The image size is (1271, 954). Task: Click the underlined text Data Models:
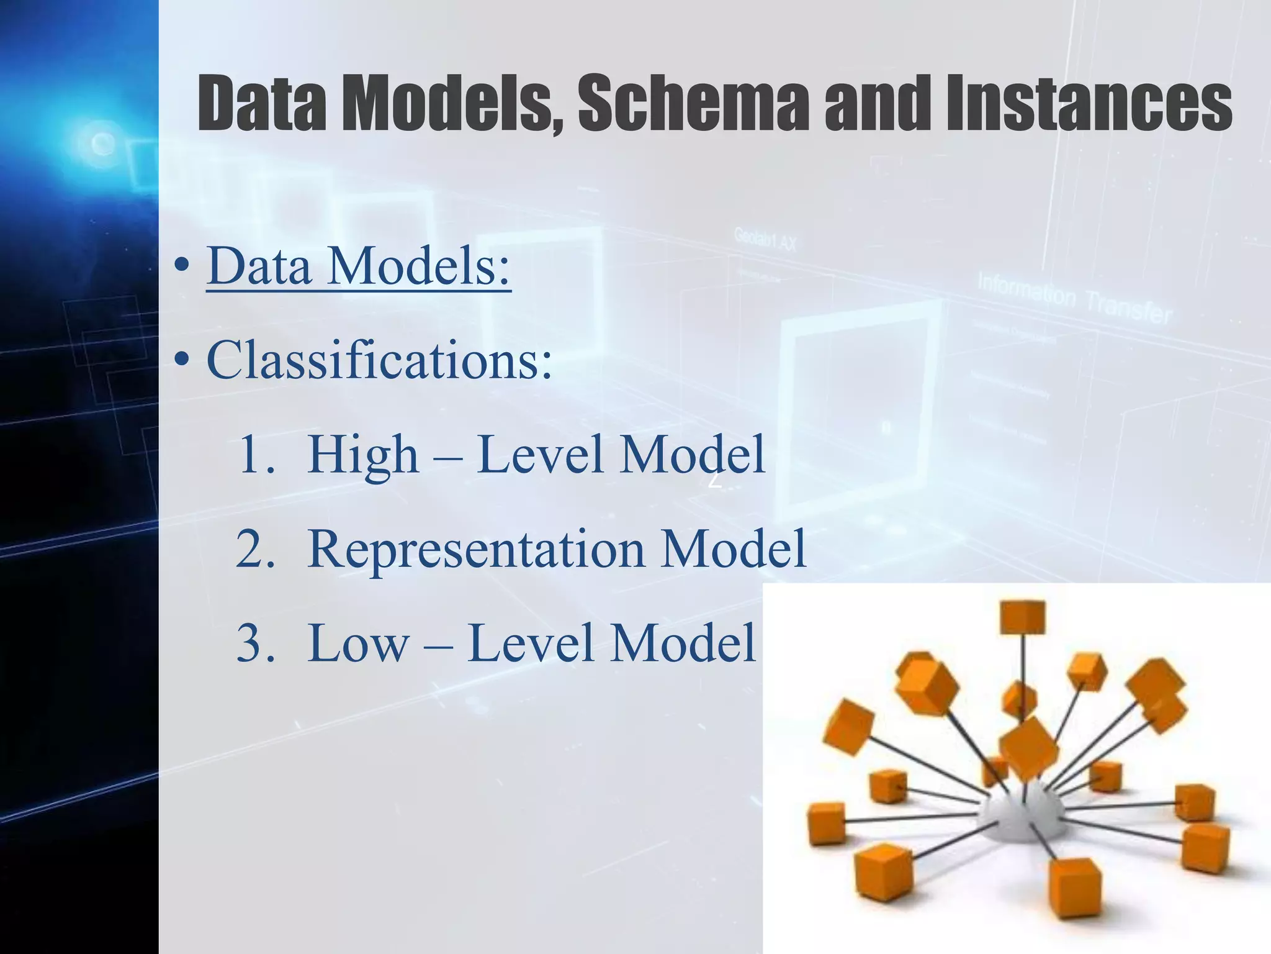tap(358, 266)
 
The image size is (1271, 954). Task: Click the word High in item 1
tap(363, 455)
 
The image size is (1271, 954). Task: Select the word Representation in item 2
tap(476, 550)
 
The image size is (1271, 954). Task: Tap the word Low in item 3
tap(358, 643)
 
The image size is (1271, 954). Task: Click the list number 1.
tap(254, 455)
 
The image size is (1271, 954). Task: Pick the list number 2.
tap(254, 550)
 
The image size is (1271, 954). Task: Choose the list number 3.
tap(254, 643)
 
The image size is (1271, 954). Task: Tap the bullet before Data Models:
tap(181, 266)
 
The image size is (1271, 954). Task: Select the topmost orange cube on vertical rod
tap(1022, 617)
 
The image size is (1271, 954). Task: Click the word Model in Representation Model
tap(733, 550)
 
